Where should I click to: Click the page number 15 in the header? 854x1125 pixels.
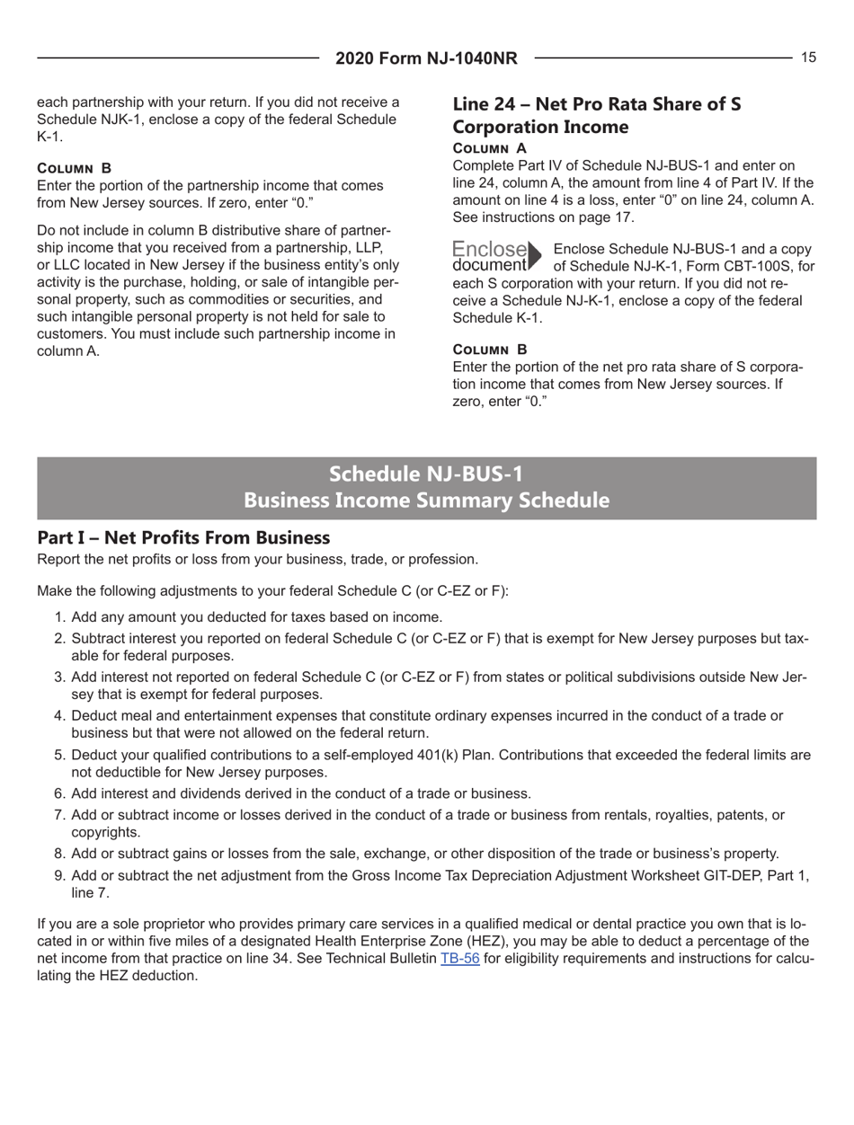808,58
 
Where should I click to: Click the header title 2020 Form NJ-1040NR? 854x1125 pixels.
426,59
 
